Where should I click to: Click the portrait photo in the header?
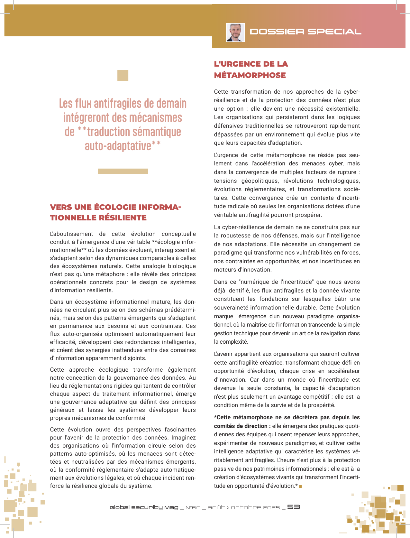[x=235, y=32]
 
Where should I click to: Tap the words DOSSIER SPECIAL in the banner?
[x=305, y=32]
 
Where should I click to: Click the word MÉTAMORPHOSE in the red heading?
[x=250, y=75]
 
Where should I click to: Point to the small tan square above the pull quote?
[x=123, y=75]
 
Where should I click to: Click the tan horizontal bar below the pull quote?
[x=123, y=171]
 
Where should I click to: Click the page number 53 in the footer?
[x=294, y=507]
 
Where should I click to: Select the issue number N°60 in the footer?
[x=193, y=507]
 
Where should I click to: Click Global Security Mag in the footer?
[x=144, y=507]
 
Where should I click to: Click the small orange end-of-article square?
[x=300, y=486]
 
